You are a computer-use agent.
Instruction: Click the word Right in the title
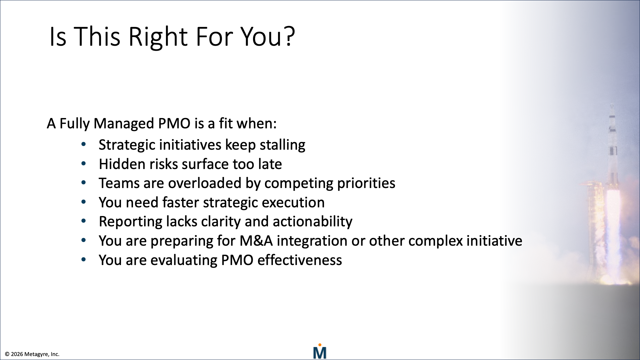[x=158, y=37]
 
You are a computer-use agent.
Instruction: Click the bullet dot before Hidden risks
[x=84, y=164]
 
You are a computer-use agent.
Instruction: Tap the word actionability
[x=312, y=222]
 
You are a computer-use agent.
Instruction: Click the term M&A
[x=256, y=241]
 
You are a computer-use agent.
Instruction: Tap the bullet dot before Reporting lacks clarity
[x=84, y=221]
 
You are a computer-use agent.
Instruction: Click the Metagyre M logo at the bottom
[x=320, y=353]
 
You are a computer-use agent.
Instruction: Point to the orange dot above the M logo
[x=320, y=345]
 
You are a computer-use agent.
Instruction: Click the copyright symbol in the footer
[x=7, y=354]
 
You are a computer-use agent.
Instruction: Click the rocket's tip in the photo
[x=612, y=106]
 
